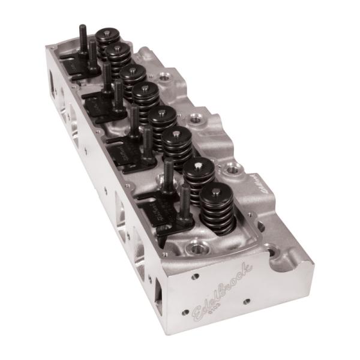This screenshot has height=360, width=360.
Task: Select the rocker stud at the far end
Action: click(x=82, y=37)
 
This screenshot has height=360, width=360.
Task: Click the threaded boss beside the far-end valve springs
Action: click(x=164, y=77)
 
